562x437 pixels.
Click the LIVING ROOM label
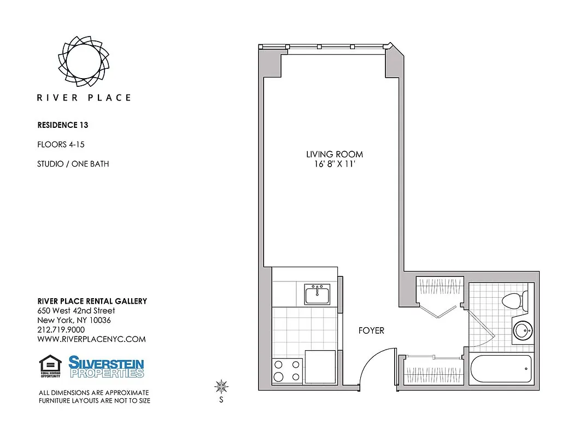pos(335,155)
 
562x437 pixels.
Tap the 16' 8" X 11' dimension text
pos(335,164)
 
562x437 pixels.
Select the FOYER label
pos(371,330)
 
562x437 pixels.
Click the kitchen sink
pos(318,294)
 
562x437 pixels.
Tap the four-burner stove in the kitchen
pos(288,370)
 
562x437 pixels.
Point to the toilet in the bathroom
pos(514,300)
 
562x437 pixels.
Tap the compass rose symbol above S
pos(221,387)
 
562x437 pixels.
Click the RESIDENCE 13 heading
pos(62,125)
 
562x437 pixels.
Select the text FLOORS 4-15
pos(61,145)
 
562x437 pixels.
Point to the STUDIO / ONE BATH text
pos(73,164)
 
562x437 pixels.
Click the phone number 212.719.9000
pos(61,329)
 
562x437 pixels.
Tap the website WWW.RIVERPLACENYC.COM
pos(91,339)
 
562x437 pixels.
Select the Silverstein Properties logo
pos(106,367)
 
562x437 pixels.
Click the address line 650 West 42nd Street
pos(76,311)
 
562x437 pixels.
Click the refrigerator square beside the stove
pos(320,367)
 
